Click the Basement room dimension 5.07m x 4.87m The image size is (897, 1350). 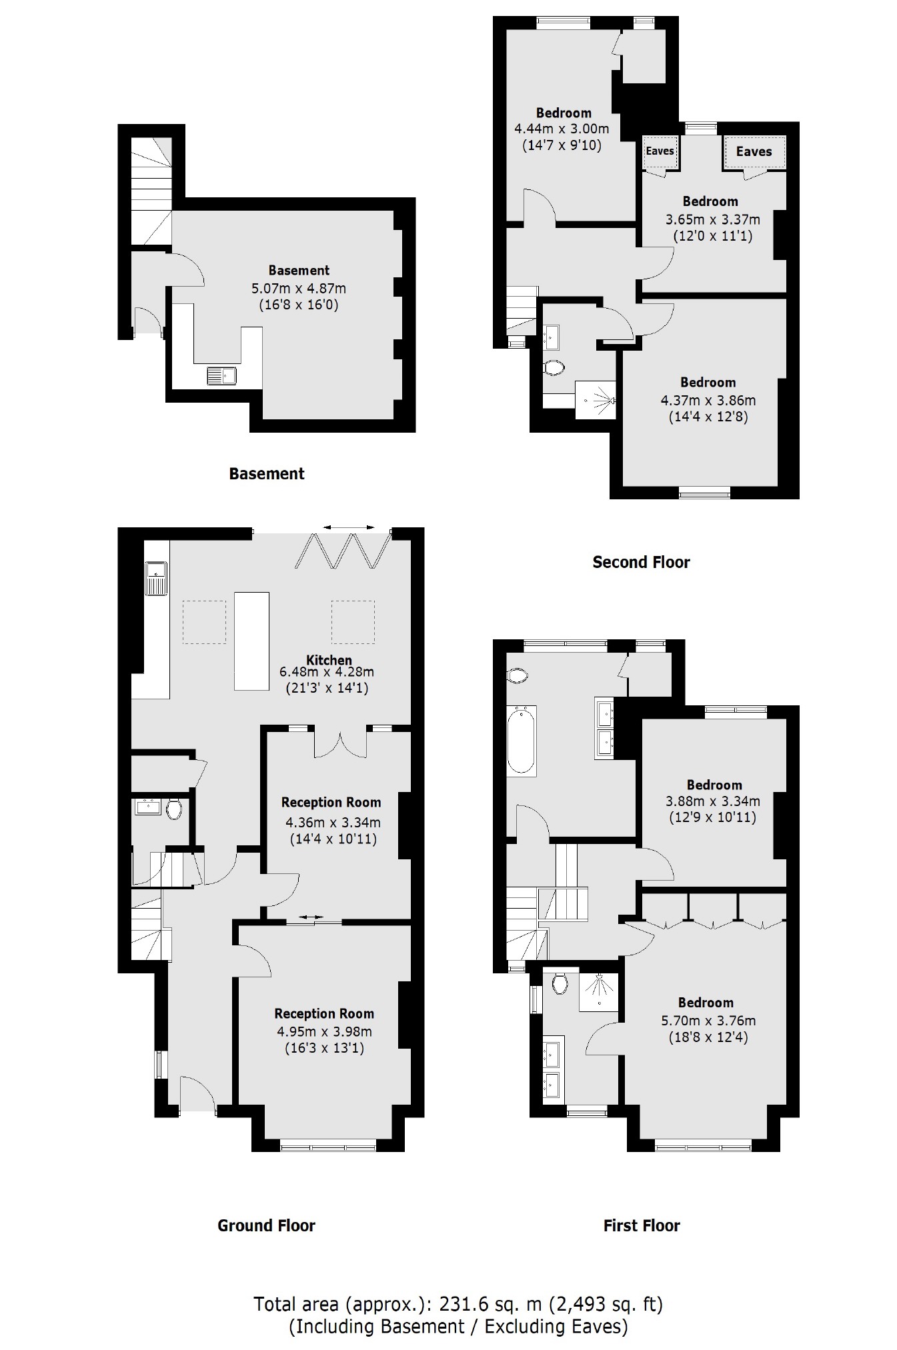pyautogui.click(x=298, y=289)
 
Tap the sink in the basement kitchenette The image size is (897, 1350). pyautogui.click(x=221, y=376)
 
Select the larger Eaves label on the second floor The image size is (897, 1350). pyautogui.click(x=754, y=151)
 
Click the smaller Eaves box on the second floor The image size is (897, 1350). pyautogui.click(x=660, y=151)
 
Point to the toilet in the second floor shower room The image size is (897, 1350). pyautogui.click(x=554, y=367)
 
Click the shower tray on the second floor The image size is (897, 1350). pyautogui.click(x=596, y=400)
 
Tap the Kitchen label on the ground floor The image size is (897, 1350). pyautogui.click(x=329, y=660)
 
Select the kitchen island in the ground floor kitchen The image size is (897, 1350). pyautogui.click(x=251, y=641)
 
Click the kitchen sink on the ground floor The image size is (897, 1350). pyautogui.click(x=157, y=577)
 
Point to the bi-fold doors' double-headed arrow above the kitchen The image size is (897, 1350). pyautogui.click(x=349, y=527)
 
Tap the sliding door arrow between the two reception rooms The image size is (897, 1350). pyautogui.click(x=309, y=917)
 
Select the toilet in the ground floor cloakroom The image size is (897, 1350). pyautogui.click(x=174, y=809)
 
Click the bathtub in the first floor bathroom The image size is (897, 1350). pyautogui.click(x=521, y=741)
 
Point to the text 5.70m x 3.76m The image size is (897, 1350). pyautogui.click(x=708, y=1020)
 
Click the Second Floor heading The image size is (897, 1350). pyautogui.click(x=641, y=562)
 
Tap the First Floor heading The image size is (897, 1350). pyautogui.click(x=642, y=1225)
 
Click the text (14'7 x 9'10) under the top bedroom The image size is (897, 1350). pyautogui.click(x=562, y=145)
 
